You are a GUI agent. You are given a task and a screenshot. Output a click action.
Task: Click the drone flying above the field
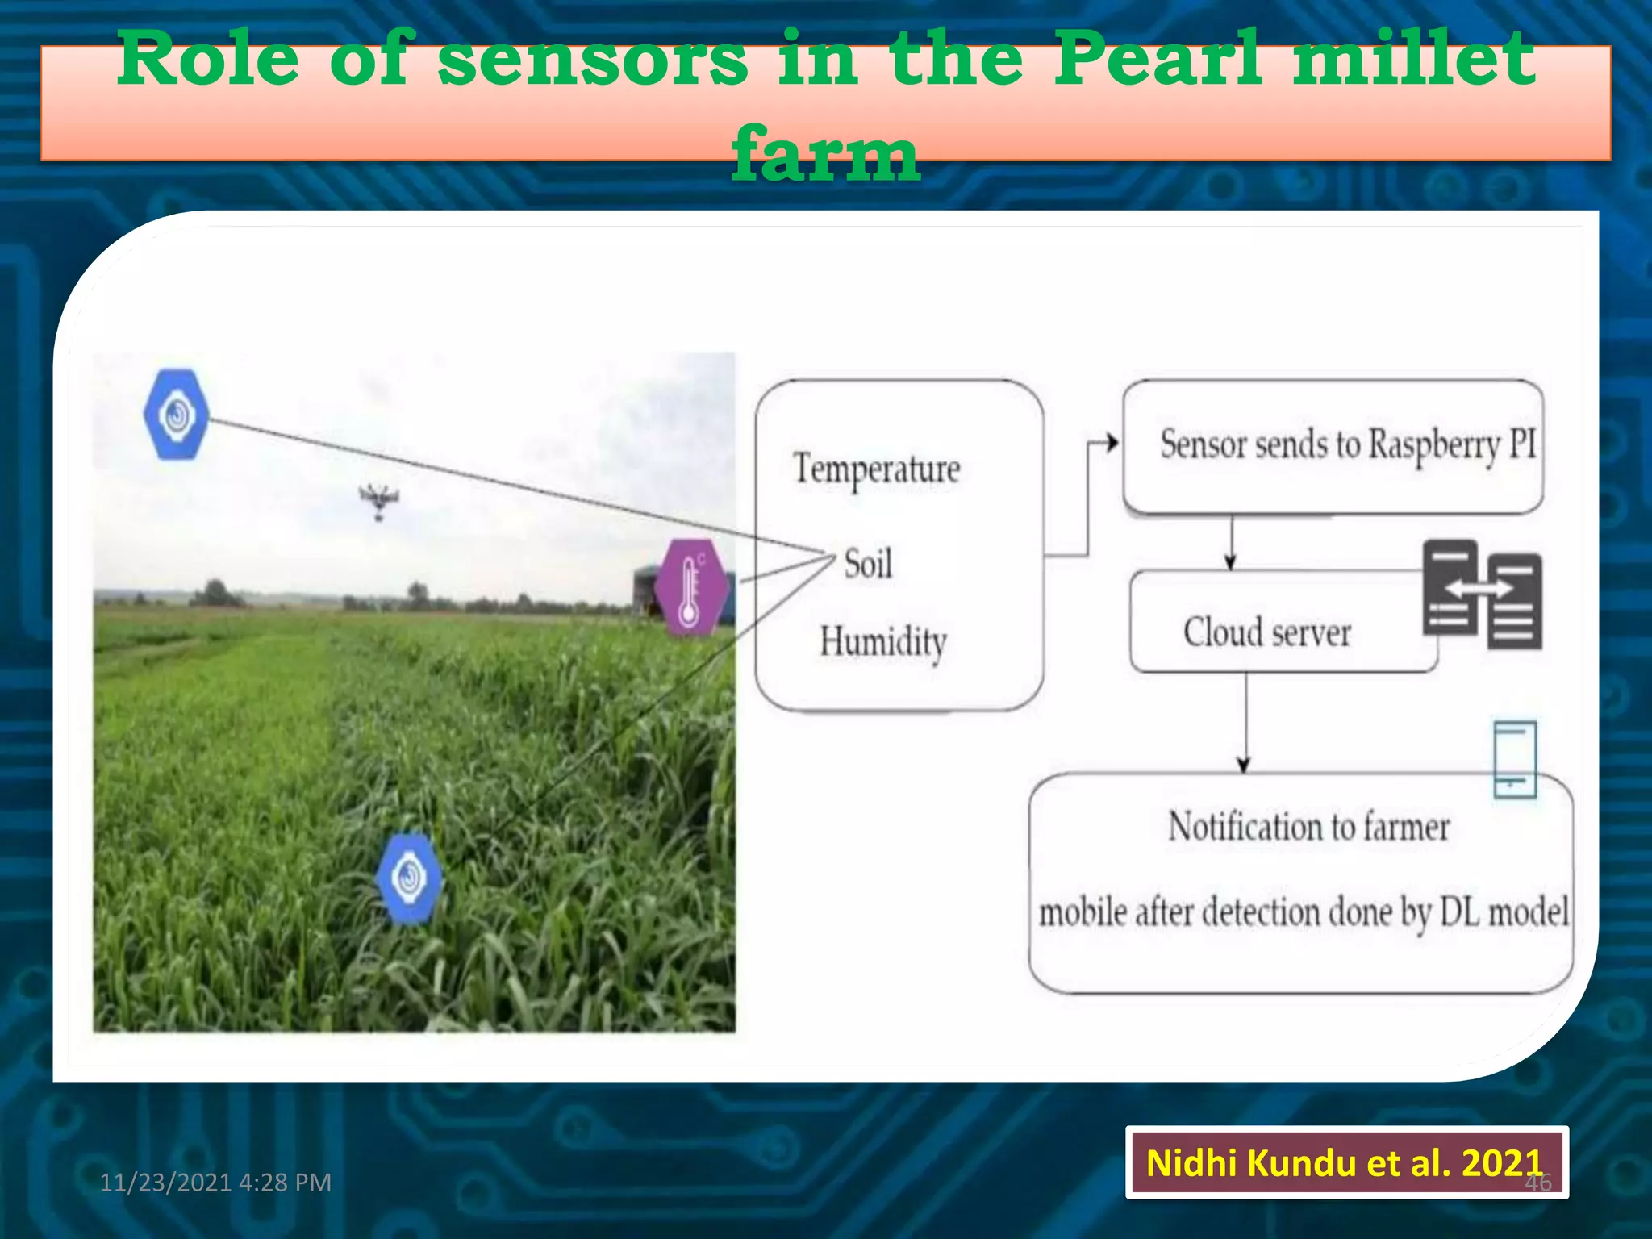pos(378,500)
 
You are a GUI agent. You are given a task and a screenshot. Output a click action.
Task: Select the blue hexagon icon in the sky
pos(177,415)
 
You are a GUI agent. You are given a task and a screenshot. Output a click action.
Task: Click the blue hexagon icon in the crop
pos(410,878)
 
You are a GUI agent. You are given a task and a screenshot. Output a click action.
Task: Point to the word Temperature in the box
pos(877,469)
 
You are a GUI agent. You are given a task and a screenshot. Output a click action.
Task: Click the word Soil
pos(868,563)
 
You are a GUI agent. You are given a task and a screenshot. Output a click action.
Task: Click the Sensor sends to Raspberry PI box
pos(1333,445)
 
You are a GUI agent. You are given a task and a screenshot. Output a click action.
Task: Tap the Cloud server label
pos(1266,632)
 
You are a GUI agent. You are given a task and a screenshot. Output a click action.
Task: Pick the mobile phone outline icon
pos(1514,759)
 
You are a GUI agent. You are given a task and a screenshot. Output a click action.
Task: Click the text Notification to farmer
pos(1308,828)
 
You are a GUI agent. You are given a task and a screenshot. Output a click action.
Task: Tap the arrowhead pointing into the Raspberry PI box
pos(1112,442)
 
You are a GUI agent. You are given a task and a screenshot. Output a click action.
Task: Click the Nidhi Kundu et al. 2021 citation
pos(1345,1162)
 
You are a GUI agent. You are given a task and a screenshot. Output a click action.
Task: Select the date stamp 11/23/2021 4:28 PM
pos(215,1182)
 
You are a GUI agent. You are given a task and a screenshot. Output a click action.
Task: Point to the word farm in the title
pos(825,153)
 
